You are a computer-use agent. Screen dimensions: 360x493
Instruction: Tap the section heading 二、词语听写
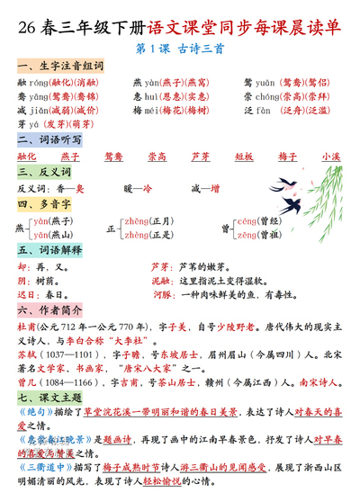click(x=43, y=140)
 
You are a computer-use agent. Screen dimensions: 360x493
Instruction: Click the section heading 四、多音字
click(x=39, y=204)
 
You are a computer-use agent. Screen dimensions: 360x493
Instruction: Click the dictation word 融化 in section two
click(x=28, y=157)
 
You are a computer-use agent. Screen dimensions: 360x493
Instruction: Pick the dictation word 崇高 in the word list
click(x=157, y=157)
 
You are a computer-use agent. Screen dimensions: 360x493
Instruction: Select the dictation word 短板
click(x=244, y=157)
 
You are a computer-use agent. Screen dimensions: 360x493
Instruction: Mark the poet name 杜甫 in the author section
click(x=26, y=327)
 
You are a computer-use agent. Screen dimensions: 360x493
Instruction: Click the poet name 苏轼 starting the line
click(x=26, y=354)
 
